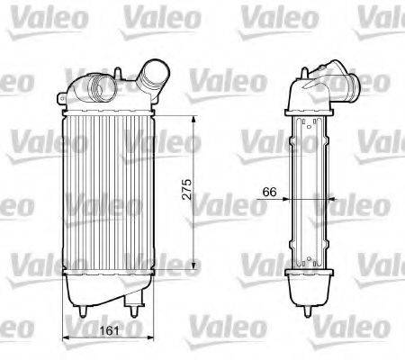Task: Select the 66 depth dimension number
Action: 269,192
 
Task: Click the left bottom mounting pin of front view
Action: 83,310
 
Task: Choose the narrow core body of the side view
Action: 311,193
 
